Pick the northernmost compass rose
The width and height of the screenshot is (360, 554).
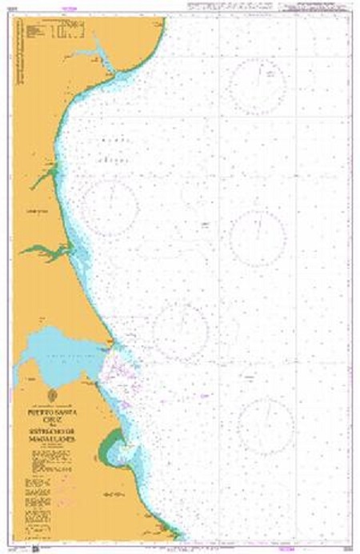pyautogui.click(x=258, y=86)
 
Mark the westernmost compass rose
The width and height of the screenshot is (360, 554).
pyautogui.click(x=111, y=207)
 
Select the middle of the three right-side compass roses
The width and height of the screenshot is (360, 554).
pyautogui.click(x=258, y=237)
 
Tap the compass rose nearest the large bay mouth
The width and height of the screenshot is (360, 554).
pyautogui.click(x=181, y=329)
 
